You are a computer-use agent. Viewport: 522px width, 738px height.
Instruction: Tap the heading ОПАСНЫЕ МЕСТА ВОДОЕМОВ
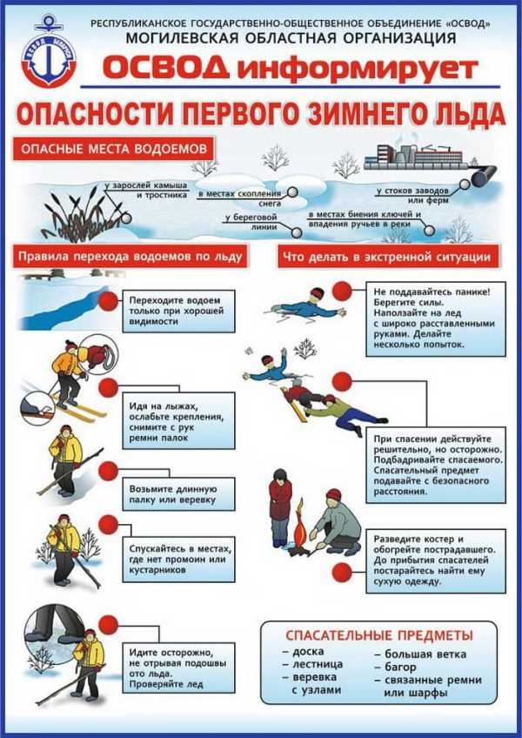click(x=114, y=148)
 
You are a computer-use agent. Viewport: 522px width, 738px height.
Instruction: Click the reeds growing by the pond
click(x=74, y=213)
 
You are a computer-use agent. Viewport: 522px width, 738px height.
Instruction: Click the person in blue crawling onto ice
click(x=302, y=305)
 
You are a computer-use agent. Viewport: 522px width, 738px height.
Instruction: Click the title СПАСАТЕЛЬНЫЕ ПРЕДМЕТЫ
click(x=380, y=634)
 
